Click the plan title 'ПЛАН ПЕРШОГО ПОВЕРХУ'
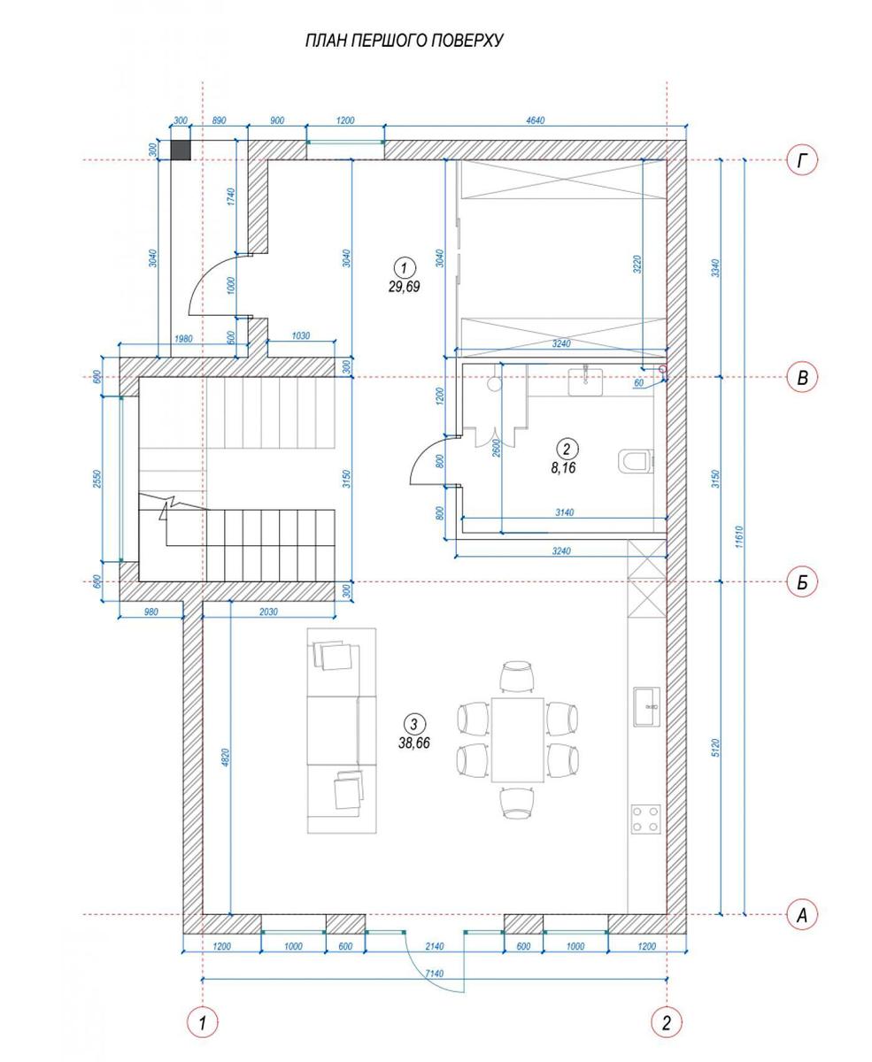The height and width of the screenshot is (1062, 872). [x=404, y=41]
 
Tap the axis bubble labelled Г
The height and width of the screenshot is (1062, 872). [x=801, y=161]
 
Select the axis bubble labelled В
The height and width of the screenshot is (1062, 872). [x=801, y=377]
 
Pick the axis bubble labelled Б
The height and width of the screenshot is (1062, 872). [x=801, y=582]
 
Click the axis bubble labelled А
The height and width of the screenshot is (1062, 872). [x=801, y=915]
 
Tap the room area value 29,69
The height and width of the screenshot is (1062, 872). [x=404, y=287]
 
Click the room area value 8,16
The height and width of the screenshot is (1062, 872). [x=563, y=468]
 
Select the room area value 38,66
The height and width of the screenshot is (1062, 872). [x=414, y=743]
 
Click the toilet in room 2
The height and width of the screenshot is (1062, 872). [x=636, y=461]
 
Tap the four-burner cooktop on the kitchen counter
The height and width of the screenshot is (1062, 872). [x=646, y=819]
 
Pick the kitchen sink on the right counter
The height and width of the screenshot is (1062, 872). [x=646, y=706]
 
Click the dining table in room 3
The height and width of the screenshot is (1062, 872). [x=518, y=739]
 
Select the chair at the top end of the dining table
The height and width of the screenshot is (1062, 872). [x=517, y=676]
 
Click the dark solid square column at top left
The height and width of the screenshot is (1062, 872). [x=181, y=150]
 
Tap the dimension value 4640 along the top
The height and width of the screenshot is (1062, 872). [x=535, y=121]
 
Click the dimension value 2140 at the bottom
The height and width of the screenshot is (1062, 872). [x=435, y=946]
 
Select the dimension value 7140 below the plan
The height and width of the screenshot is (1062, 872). [x=435, y=973]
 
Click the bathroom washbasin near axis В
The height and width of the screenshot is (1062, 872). [x=585, y=381]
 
